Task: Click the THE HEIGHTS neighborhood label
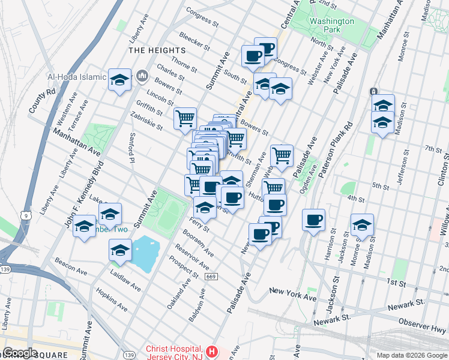click(x=152, y=50)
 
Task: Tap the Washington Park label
click(x=331, y=25)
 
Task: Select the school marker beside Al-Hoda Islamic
click(x=119, y=80)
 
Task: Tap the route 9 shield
click(x=25, y=214)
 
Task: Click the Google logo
click(x=20, y=352)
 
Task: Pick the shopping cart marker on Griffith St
click(x=185, y=118)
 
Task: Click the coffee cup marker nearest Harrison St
click(x=313, y=220)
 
